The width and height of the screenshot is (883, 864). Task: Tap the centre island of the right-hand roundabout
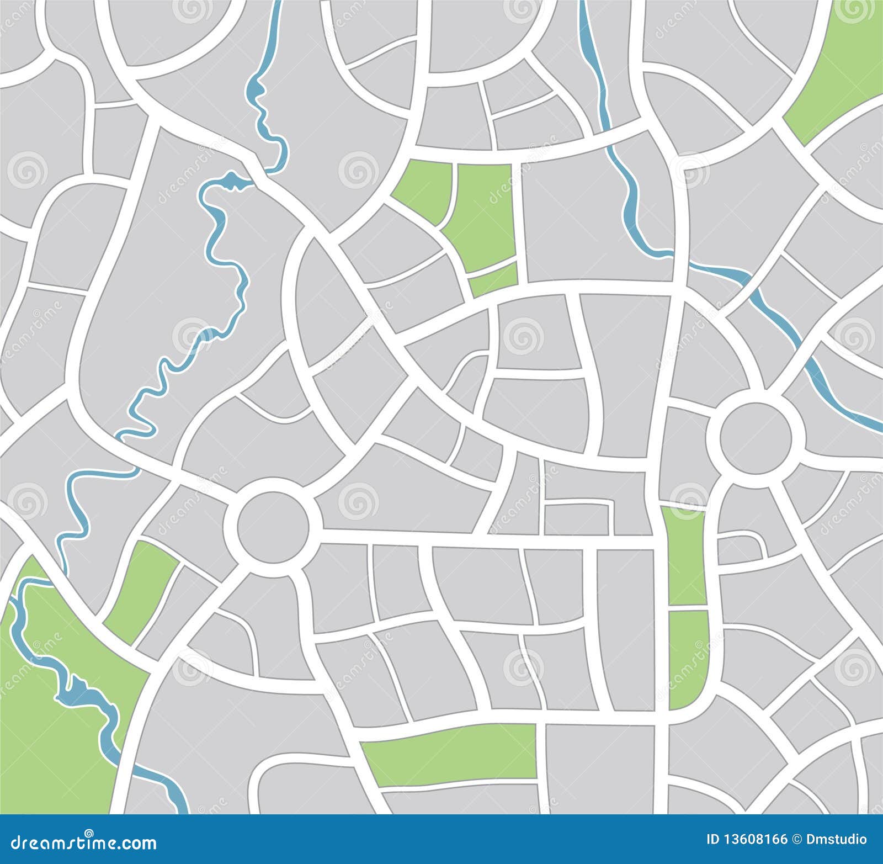[756, 438]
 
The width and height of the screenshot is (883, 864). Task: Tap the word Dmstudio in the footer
[836, 840]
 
